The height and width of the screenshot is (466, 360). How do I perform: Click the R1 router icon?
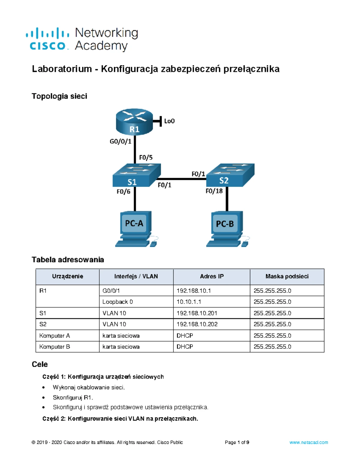pyautogui.click(x=134, y=122)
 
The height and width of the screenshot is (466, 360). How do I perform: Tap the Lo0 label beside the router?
pyautogui.click(x=169, y=121)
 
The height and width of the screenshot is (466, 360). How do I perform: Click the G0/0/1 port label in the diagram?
pyautogui.click(x=120, y=141)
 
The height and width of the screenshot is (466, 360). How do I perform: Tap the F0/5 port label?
pyautogui.click(x=146, y=158)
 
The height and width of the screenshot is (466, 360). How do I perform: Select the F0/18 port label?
pyautogui.click(x=214, y=191)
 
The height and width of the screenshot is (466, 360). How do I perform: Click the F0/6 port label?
pyautogui.click(x=123, y=191)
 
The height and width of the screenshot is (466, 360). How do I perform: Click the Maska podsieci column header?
pyautogui.click(x=287, y=276)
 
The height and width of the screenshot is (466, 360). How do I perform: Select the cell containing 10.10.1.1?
pyautogui.click(x=189, y=302)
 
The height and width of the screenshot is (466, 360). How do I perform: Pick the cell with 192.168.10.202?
pyautogui.click(x=197, y=324)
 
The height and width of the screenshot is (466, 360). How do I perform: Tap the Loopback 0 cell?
pyautogui.click(x=117, y=302)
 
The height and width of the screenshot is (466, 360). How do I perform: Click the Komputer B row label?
pyautogui.click(x=55, y=347)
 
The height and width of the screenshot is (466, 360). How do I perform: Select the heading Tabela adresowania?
pyautogui.click(x=68, y=260)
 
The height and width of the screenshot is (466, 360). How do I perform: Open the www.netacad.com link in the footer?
pyautogui.click(x=308, y=442)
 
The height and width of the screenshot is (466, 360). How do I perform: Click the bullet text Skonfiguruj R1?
pyautogui.click(x=73, y=398)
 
